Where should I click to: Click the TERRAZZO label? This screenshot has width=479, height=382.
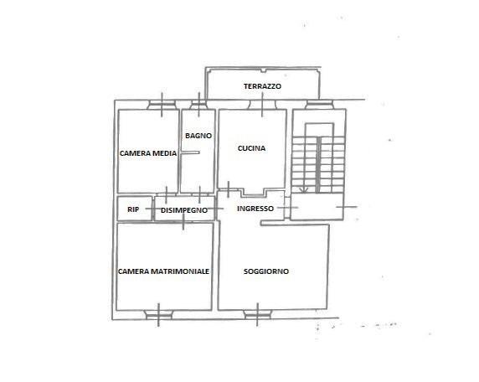262,86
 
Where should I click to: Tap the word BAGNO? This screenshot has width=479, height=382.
198,136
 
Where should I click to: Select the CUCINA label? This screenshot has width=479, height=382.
251,148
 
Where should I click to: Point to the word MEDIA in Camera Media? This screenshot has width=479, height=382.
164,153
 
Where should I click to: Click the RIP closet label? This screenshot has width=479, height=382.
133,209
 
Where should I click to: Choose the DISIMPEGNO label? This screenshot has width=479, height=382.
184,210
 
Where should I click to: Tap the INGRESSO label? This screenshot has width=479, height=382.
255,209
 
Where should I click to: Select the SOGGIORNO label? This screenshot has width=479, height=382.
266,271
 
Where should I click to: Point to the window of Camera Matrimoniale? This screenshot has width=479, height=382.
158,315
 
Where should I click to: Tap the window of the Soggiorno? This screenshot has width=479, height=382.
258,315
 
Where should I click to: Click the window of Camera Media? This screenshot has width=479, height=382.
162,105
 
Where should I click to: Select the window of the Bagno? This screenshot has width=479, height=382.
198,105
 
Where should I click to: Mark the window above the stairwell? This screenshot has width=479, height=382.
319,105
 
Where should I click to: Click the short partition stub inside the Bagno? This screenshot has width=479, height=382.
190,152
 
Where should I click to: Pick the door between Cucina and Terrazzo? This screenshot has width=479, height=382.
262,105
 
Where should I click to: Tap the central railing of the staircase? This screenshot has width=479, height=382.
318,165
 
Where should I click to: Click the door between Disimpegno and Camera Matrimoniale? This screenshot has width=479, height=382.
183,221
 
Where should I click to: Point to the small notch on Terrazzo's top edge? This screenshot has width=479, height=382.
263,71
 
